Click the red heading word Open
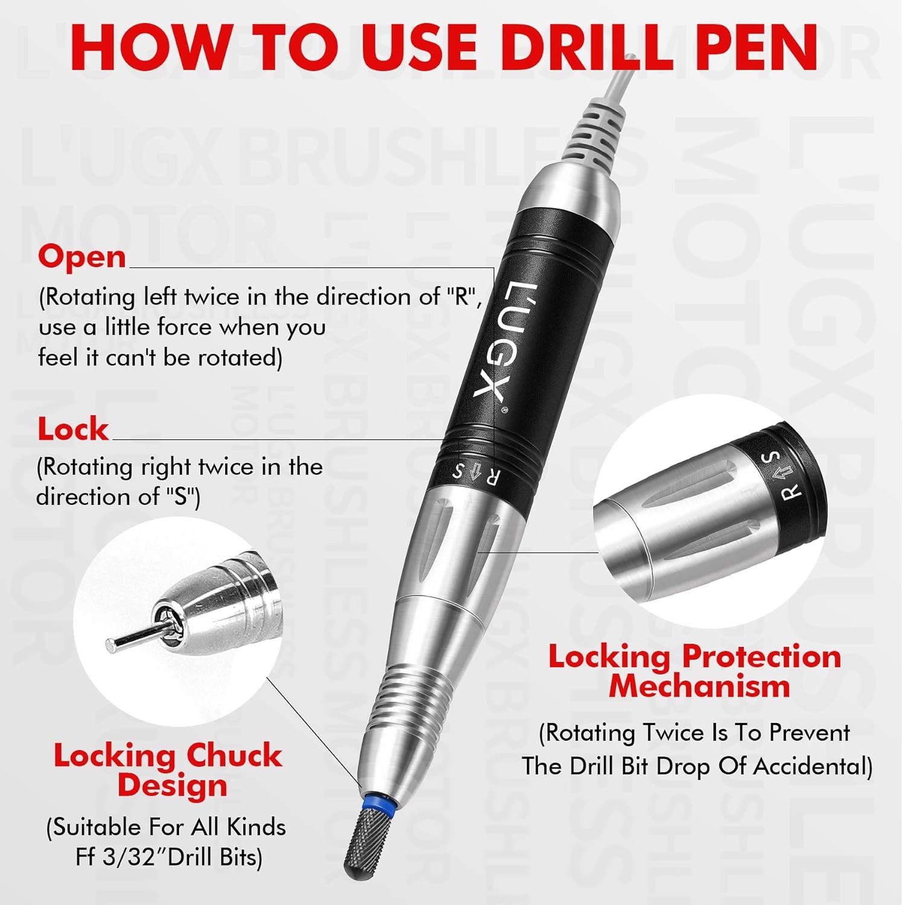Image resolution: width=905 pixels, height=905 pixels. click(82, 256)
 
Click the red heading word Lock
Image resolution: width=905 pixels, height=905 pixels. click(73, 430)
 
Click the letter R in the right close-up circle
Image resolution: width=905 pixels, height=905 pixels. click(792, 492)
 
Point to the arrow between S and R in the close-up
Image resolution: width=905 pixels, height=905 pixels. click(781, 475)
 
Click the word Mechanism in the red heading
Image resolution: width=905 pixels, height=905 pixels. click(699, 686)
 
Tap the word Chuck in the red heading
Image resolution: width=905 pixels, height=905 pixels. click(234, 755)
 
